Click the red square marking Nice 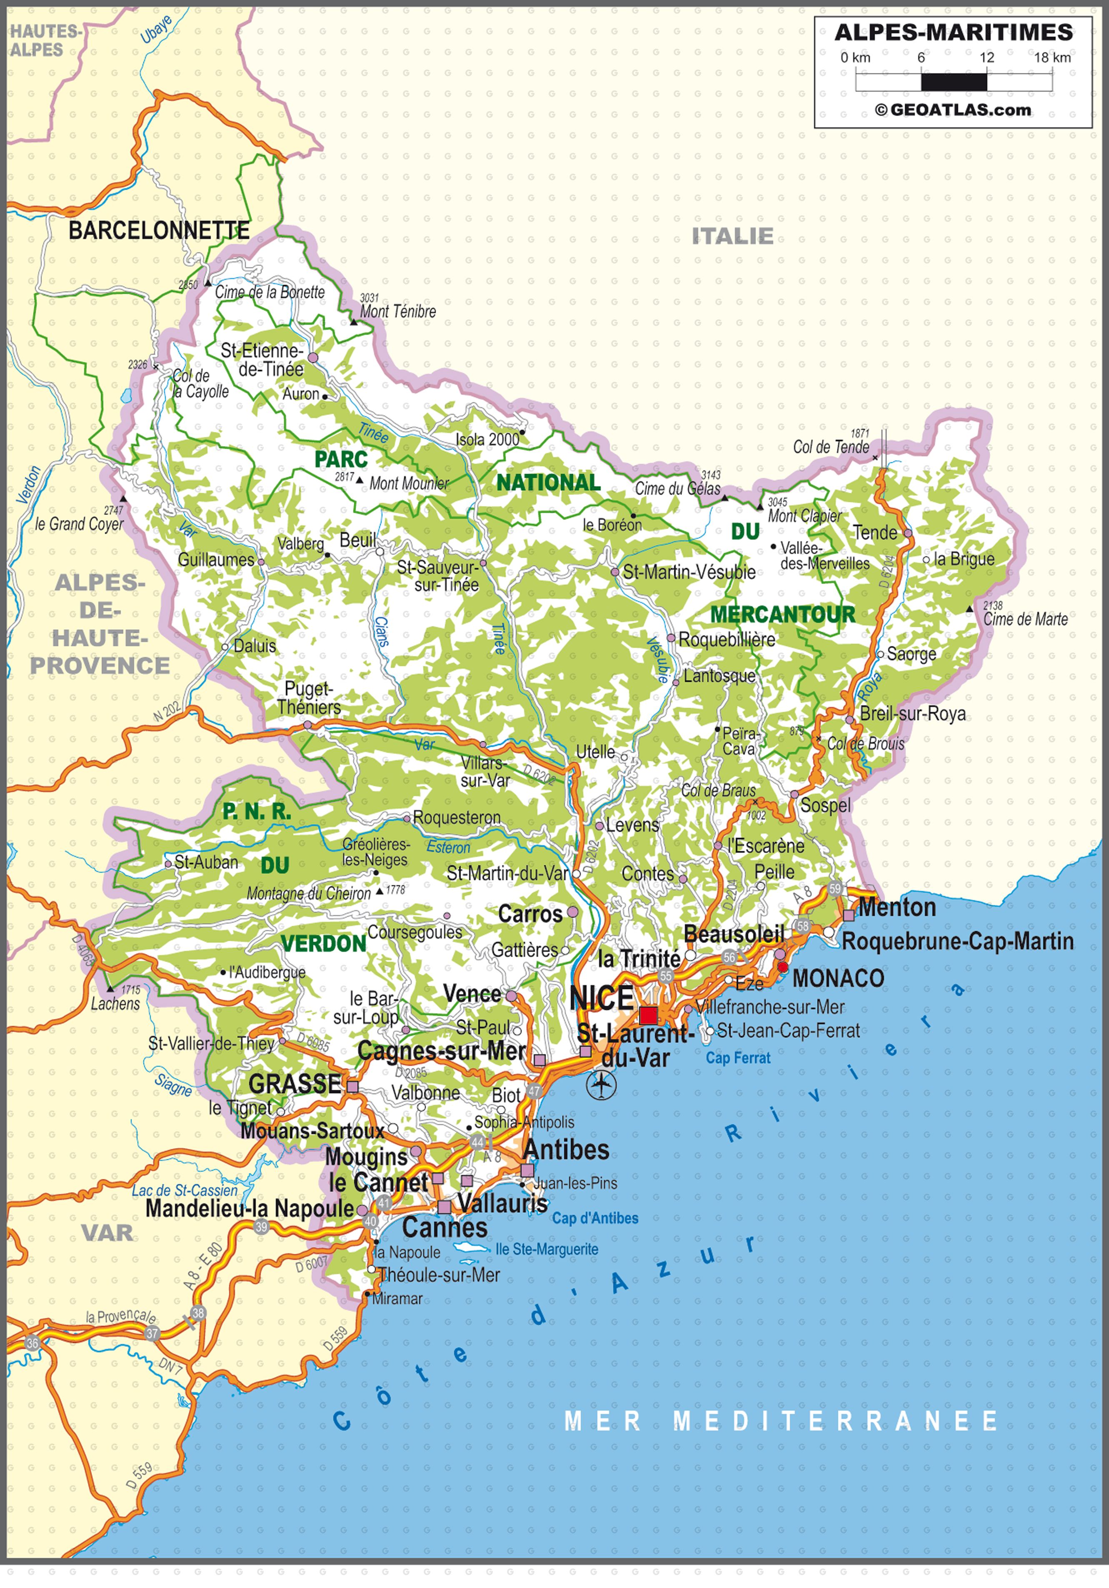(648, 1016)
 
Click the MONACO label (838, 979)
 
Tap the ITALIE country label (733, 236)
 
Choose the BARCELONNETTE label (159, 231)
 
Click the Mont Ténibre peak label (398, 312)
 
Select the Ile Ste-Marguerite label (547, 1249)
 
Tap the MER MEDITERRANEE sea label (780, 1421)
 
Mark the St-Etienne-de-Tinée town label (263, 360)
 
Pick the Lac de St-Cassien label (184, 1190)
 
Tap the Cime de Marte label (1025, 620)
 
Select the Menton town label (897, 907)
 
